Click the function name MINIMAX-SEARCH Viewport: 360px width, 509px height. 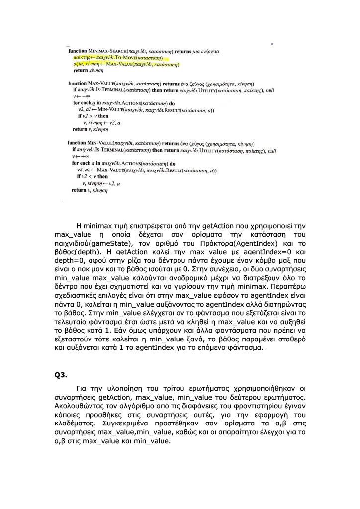105,51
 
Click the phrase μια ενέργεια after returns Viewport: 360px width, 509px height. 204,51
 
